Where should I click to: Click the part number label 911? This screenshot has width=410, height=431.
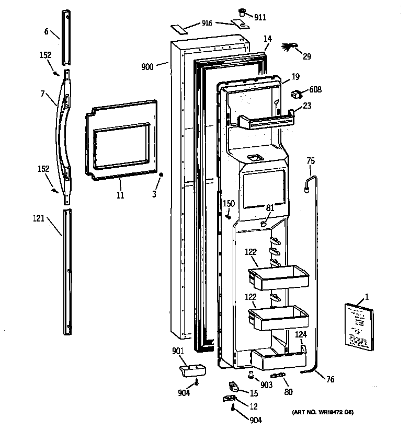[260, 17]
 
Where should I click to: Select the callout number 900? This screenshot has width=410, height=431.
[147, 66]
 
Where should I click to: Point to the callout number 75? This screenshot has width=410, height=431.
[311, 161]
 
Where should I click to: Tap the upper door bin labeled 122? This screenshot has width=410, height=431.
[276, 277]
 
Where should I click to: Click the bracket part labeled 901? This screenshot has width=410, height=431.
[192, 370]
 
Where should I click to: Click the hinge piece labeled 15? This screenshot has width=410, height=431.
[233, 387]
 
